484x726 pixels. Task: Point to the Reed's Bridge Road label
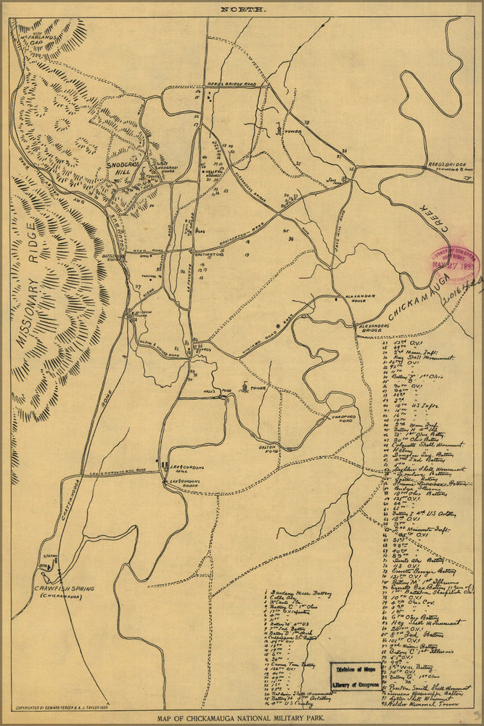point(231,85)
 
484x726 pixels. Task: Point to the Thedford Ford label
point(332,418)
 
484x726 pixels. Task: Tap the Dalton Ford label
point(270,448)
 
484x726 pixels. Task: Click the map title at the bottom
point(242,719)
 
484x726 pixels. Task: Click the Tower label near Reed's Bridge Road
point(291,132)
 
